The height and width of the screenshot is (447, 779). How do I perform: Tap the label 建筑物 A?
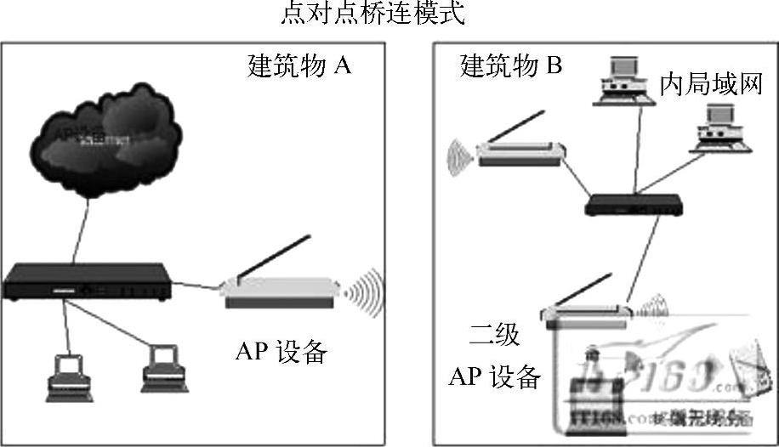click(299, 66)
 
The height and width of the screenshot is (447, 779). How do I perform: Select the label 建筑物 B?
click(510, 66)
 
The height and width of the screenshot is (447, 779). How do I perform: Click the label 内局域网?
click(710, 84)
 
